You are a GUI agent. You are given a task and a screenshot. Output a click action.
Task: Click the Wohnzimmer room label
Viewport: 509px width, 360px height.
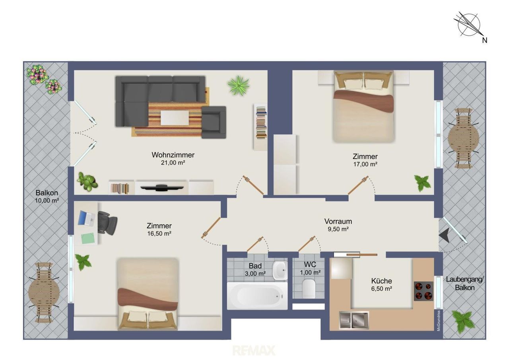pos(173,155)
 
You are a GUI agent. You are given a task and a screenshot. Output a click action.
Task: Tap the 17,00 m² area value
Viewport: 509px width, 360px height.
pos(365,164)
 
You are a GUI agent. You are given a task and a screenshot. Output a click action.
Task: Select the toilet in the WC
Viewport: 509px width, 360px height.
pos(309,289)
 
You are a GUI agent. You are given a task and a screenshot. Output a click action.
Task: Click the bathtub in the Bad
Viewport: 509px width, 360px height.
pos(257,296)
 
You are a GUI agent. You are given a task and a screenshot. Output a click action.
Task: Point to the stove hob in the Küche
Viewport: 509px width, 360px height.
pos(424,291)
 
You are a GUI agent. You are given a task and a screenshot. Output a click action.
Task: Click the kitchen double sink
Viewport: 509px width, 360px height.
pos(354,320)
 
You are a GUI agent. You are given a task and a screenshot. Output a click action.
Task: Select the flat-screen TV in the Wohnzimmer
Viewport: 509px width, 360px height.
pos(162,187)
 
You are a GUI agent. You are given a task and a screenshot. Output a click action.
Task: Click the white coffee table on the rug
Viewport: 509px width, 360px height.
pos(175,118)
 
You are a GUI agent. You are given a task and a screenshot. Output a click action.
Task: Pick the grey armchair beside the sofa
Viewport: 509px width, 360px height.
pos(214,122)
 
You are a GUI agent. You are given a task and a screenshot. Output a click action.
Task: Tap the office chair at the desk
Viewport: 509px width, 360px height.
pos(107,222)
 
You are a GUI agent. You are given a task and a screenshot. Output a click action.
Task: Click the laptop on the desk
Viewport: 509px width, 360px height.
pos(86,218)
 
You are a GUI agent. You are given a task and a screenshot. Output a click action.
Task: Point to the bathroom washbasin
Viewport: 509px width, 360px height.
pos(280,270)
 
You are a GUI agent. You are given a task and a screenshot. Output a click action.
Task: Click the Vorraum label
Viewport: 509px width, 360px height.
pos(338,221)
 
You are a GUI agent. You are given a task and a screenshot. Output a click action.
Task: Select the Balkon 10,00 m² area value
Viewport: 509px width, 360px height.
pos(47,200)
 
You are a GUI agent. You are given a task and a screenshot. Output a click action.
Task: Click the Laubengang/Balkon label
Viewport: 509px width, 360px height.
pos(465,283)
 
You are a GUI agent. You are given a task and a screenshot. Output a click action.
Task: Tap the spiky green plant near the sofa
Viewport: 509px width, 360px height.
pos(238,86)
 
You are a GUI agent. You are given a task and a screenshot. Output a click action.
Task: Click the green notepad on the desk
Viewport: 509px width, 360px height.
pos(88,238)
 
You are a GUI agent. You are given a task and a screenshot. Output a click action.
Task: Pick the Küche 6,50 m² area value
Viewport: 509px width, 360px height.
pos(381,289)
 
